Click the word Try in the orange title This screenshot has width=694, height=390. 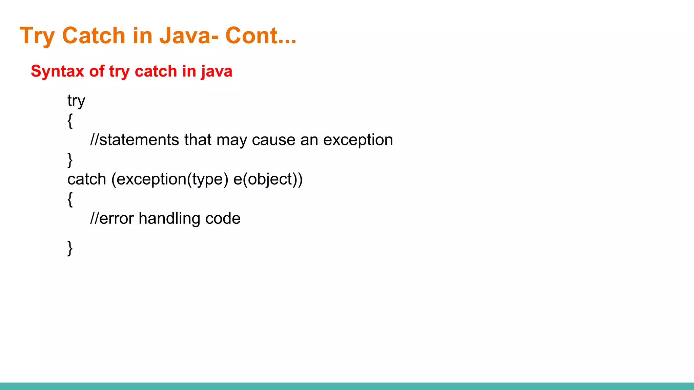point(37,36)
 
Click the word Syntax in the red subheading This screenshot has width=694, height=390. point(57,71)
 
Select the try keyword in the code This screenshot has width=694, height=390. point(76,101)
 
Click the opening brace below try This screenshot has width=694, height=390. point(70,121)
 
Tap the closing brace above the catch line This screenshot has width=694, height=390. point(70,160)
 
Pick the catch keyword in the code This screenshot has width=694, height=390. point(87,179)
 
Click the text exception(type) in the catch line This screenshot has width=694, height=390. point(170,179)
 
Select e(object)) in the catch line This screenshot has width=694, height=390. point(268,179)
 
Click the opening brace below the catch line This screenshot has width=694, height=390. point(70,199)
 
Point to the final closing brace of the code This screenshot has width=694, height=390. point(70,248)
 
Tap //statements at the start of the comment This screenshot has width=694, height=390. point(135,140)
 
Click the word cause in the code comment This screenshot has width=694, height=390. point(273,140)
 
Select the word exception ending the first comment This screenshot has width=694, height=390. point(358,140)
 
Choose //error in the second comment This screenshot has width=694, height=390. point(112,218)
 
